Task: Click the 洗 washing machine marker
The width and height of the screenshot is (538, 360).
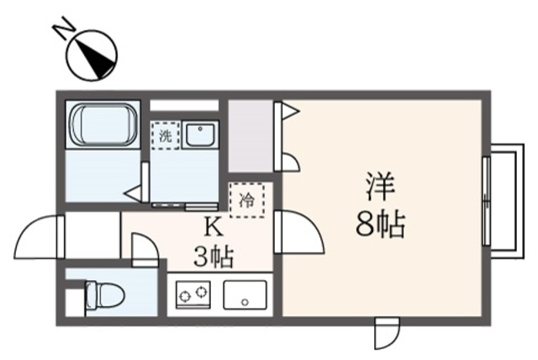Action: point(165,134)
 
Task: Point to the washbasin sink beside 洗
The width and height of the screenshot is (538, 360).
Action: point(201,135)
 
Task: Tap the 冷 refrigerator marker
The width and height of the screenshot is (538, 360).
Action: point(247,199)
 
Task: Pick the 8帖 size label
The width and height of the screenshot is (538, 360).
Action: point(380,225)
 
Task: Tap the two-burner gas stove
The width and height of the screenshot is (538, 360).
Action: point(192,294)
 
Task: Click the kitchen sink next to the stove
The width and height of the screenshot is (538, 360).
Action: point(244,294)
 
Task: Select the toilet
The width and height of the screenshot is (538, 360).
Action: point(103,294)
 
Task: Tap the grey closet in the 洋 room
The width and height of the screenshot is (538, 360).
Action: point(251,135)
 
